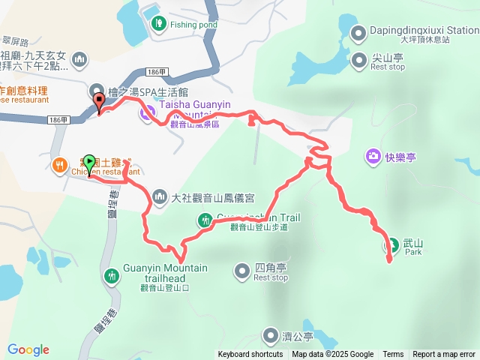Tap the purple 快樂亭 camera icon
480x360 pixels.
[x=372, y=157]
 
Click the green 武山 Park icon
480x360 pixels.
[x=391, y=244]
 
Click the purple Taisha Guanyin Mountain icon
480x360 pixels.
[x=147, y=115]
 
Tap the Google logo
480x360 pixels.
[x=28, y=349]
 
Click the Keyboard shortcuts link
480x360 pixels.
[x=250, y=355]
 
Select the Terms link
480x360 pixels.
[x=393, y=355]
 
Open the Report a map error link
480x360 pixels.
[x=444, y=355]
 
